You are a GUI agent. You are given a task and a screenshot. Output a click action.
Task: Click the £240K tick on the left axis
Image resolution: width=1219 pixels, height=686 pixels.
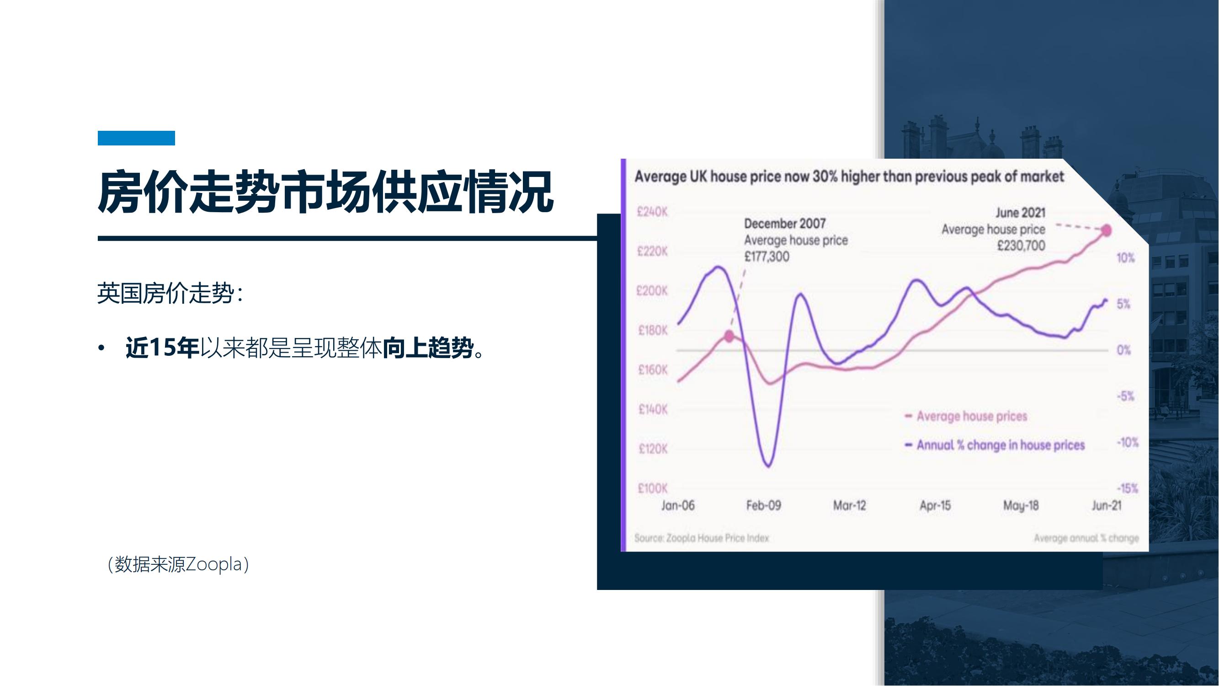coord(652,212)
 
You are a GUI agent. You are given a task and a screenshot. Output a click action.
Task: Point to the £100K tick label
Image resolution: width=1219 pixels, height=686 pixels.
coord(653,488)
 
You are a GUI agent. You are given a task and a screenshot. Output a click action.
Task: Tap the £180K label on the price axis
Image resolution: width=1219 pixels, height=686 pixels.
coord(653,331)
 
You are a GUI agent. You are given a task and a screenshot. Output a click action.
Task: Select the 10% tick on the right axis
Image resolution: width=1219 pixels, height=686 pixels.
coord(1125,258)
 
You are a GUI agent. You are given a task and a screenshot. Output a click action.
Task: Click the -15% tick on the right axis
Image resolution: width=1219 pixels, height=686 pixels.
coord(1127,488)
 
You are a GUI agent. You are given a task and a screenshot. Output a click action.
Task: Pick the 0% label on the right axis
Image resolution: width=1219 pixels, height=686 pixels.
coord(1123,350)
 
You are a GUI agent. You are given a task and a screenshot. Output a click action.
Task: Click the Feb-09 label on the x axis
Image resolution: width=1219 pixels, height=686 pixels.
coord(763,506)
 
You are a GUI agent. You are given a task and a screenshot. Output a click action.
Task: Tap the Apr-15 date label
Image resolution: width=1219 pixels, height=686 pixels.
coord(935,506)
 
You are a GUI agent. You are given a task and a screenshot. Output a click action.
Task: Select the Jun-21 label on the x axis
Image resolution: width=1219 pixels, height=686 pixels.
coord(1107,506)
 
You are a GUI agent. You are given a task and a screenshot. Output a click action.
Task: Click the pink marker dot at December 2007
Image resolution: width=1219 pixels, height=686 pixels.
coord(729,337)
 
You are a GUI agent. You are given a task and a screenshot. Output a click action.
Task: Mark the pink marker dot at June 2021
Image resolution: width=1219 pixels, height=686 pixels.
coord(1107,230)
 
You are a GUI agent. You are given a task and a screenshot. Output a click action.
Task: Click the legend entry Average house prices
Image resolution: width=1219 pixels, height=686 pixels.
coord(966,417)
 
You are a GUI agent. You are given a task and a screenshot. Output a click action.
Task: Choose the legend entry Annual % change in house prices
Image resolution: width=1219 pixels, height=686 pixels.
coord(994,445)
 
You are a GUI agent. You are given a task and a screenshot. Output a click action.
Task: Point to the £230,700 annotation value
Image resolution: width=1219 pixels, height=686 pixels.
coord(1021,246)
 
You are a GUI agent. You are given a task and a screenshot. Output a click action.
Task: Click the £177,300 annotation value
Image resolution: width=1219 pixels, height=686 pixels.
coord(767,257)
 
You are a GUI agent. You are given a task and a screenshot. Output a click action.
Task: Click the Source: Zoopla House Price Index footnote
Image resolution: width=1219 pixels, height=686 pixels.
coord(701,538)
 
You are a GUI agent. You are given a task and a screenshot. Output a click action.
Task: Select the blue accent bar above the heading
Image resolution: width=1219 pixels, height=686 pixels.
coord(136,138)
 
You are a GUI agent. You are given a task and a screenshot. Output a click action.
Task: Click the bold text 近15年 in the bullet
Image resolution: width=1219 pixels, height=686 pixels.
coord(162,348)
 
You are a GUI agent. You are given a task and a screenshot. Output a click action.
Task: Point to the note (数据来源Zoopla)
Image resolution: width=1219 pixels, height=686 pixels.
coord(178,564)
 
